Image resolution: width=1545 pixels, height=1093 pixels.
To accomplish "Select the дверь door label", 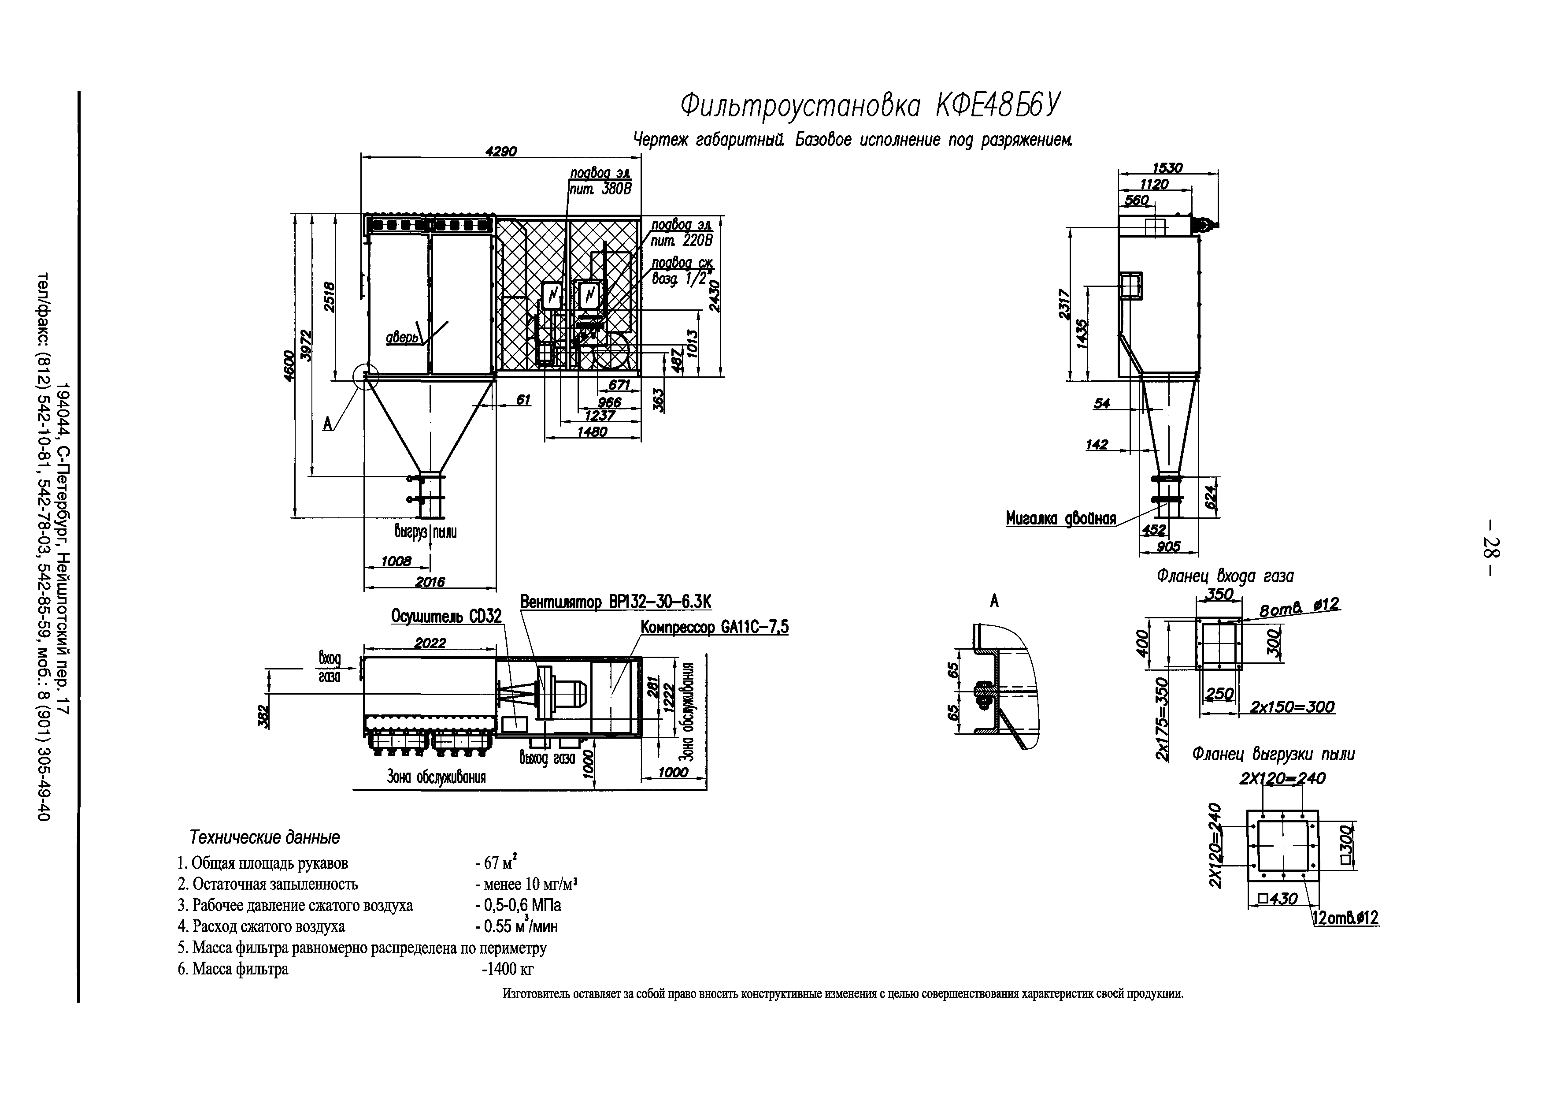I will click(x=402, y=337).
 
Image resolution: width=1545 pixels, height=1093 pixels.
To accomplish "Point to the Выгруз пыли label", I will click(x=425, y=532).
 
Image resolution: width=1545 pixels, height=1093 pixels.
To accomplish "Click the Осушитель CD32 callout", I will click(x=446, y=617).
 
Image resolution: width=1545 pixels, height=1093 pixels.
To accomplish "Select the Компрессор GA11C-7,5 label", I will click(x=714, y=627).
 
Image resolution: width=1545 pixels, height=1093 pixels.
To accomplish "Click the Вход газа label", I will click(x=329, y=667).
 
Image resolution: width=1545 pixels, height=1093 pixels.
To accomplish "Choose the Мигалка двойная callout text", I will click(x=1060, y=518).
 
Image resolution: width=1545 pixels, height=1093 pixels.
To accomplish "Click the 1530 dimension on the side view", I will click(x=1167, y=167).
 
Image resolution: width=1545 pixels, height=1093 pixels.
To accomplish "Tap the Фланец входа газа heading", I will click(x=1225, y=576).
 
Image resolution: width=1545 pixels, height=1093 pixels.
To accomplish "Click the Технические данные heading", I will click(x=264, y=837).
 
